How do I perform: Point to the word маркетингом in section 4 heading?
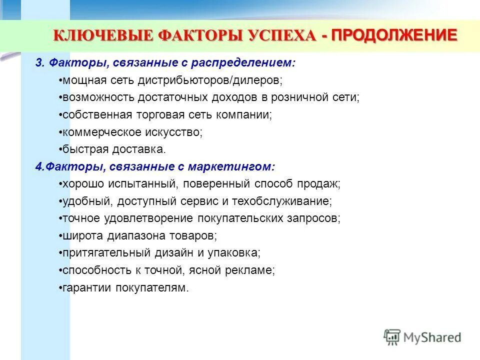238,166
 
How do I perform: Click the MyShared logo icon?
392,337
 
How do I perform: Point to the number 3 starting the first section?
38,63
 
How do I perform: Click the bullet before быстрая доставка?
60,149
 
